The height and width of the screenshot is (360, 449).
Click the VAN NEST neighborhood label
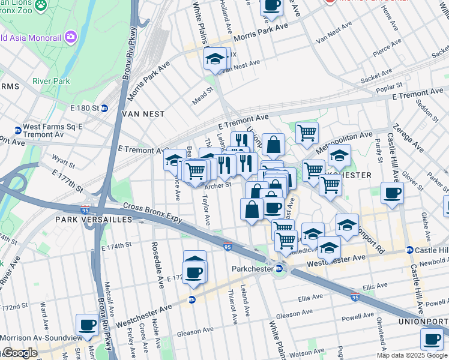click(143, 113)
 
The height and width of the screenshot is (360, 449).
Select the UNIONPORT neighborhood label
click(423, 322)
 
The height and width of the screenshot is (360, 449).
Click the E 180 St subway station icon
click(104, 108)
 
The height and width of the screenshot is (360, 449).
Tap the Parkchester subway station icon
click(279, 268)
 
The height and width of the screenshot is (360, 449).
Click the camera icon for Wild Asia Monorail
click(71, 37)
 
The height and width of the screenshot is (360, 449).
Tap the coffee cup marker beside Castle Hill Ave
click(392, 194)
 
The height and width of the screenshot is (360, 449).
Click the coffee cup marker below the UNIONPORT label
click(432, 340)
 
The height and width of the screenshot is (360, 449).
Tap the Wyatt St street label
click(61, 161)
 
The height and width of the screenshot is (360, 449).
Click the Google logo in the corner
click(19, 353)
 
